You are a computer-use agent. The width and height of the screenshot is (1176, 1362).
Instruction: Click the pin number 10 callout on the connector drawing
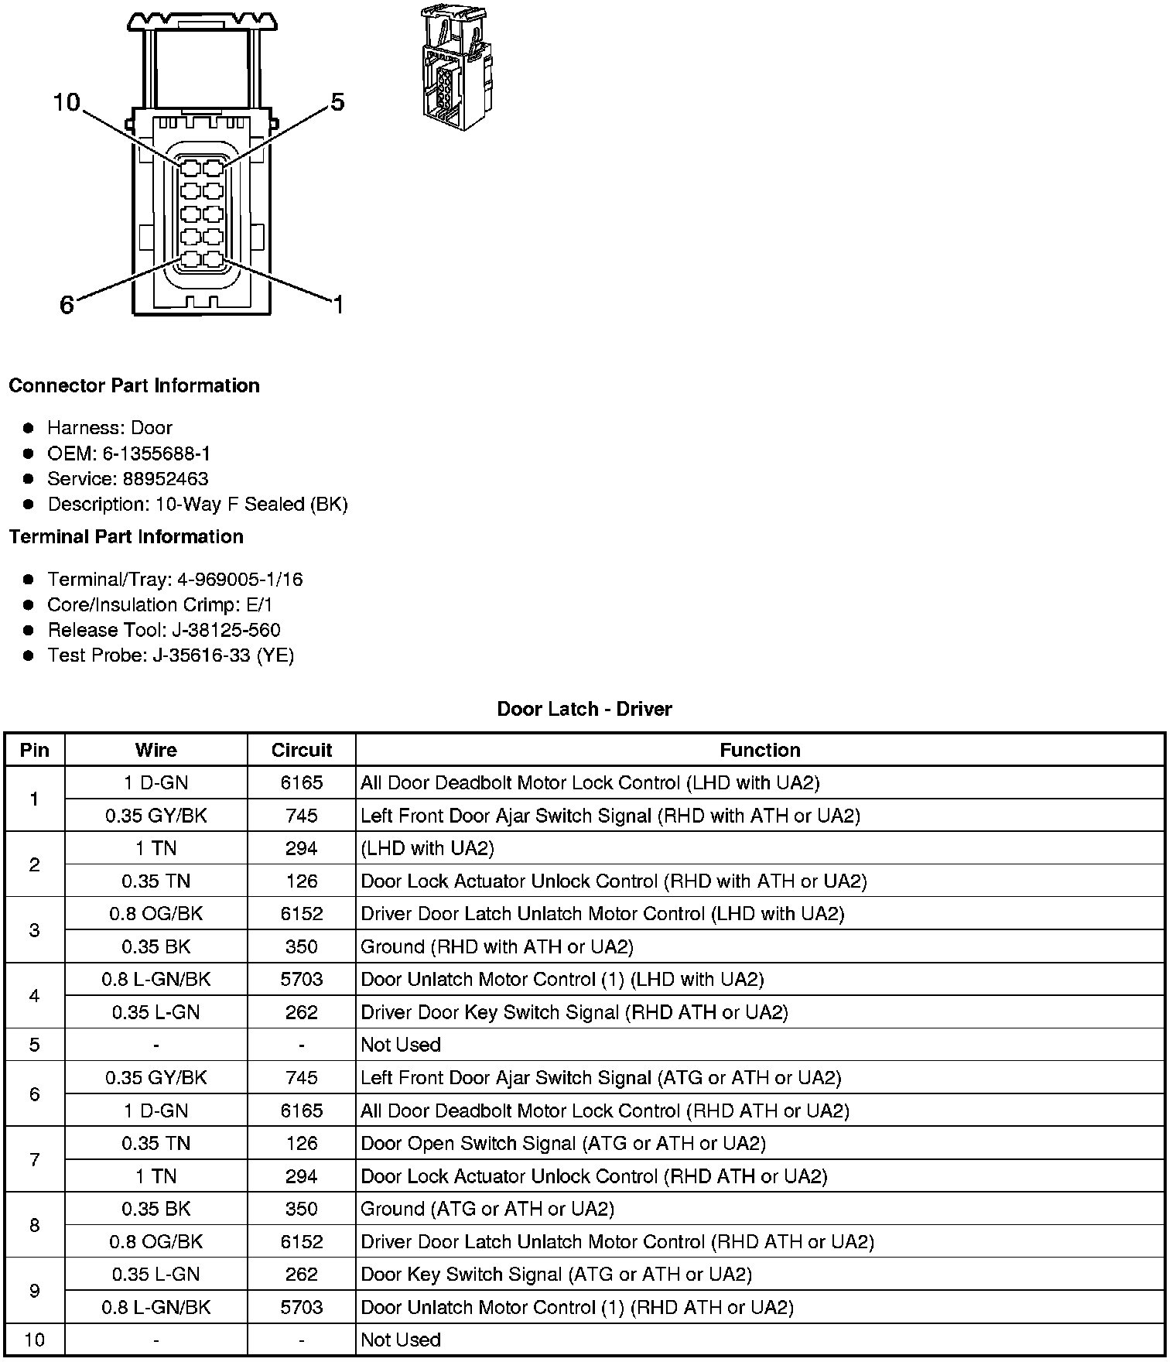coord(67,102)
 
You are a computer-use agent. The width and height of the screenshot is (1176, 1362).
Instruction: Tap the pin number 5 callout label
coord(337,102)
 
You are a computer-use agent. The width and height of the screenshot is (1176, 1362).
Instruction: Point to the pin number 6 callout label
coord(67,306)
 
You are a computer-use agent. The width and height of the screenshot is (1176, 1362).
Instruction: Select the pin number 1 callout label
coord(337,305)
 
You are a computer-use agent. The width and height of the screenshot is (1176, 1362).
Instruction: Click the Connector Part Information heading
coord(134,385)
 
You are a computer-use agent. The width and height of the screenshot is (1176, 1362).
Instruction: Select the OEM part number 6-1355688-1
coord(128,453)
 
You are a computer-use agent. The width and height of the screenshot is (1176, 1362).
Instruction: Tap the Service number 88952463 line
coord(128,479)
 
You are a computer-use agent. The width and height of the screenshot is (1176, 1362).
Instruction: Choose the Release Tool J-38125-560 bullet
coord(163,630)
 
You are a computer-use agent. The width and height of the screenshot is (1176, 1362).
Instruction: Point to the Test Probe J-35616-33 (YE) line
coord(170,655)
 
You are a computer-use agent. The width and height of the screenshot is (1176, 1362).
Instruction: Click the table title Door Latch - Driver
coord(584,709)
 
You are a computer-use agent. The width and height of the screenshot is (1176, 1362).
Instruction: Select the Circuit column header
coord(301,750)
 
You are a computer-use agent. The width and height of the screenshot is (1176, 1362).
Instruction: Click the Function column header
coord(760,750)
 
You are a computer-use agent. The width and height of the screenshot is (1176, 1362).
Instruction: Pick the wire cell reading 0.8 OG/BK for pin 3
coord(156,914)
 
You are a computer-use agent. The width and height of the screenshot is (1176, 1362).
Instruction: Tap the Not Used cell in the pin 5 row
coord(401,1045)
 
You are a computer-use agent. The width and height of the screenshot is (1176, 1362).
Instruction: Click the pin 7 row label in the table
coord(34,1159)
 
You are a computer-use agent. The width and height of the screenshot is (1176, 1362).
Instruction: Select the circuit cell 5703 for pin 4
coord(301,980)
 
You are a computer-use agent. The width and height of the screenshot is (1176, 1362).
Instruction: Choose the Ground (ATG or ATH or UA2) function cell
coord(487,1209)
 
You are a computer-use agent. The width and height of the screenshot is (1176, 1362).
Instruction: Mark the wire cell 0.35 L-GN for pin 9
coord(156,1275)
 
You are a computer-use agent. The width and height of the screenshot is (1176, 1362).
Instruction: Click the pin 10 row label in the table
coord(34,1340)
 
